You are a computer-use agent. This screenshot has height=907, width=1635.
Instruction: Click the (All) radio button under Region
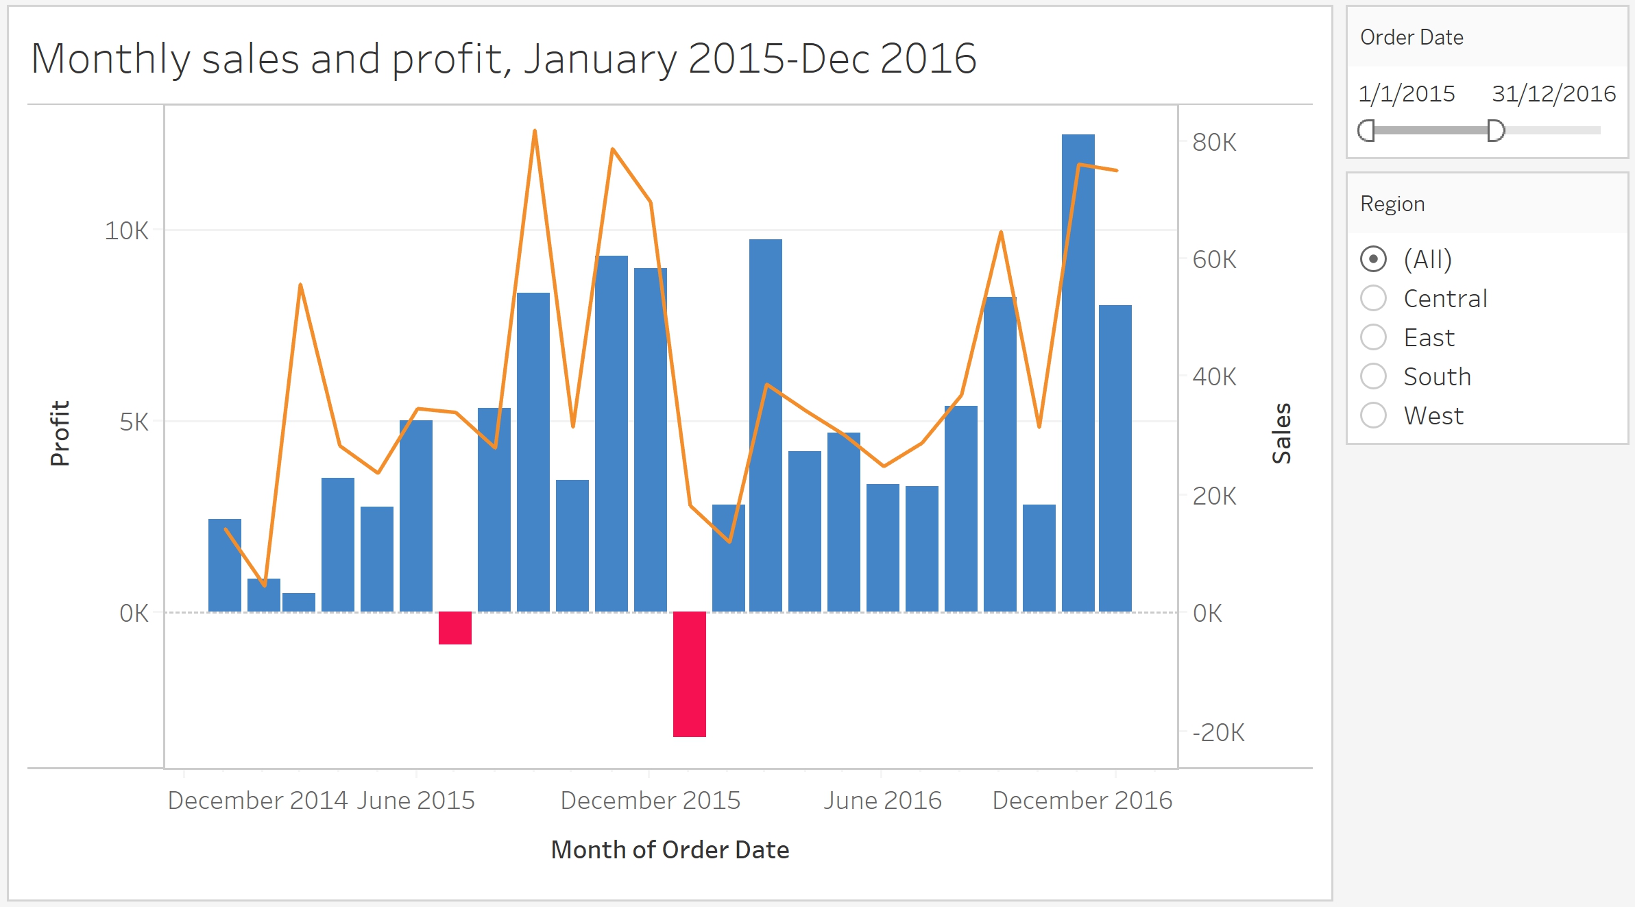[x=1373, y=259]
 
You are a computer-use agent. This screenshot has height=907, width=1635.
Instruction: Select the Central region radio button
[x=1373, y=298]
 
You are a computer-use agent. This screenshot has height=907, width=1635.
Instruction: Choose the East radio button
[x=1373, y=337]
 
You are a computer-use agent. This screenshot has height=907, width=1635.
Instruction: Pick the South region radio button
[x=1373, y=376]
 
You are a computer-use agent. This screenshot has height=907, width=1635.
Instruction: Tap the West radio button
[x=1373, y=415]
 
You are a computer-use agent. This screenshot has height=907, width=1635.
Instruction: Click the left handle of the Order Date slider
[x=1367, y=130]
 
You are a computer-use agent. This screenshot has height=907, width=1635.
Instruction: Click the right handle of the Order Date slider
[x=1496, y=130]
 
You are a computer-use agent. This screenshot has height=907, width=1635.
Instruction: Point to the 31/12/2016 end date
[x=1553, y=94]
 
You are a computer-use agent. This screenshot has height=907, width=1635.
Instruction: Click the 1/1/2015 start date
[x=1407, y=94]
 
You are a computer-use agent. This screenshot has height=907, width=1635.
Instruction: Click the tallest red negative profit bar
[x=689, y=674]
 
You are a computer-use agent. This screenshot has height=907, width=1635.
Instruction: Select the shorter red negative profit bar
[x=455, y=628]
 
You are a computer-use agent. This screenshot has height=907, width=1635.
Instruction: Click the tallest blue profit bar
[x=1078, y=373]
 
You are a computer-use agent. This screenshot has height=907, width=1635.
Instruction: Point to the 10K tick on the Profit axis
[x=126, y=231]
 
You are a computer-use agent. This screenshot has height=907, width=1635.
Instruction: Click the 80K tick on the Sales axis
[x=1214, y=143]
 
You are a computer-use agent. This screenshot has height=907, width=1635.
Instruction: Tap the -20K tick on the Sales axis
[x=1218, y=733]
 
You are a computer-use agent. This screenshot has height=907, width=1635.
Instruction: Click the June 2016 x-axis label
[x=882, y=801]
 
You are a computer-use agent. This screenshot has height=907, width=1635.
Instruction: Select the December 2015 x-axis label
[x=650, y=801]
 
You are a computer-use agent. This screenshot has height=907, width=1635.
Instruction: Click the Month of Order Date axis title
[x=670, y=850]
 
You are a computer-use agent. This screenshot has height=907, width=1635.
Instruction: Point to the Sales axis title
[x=1281, y=433]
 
